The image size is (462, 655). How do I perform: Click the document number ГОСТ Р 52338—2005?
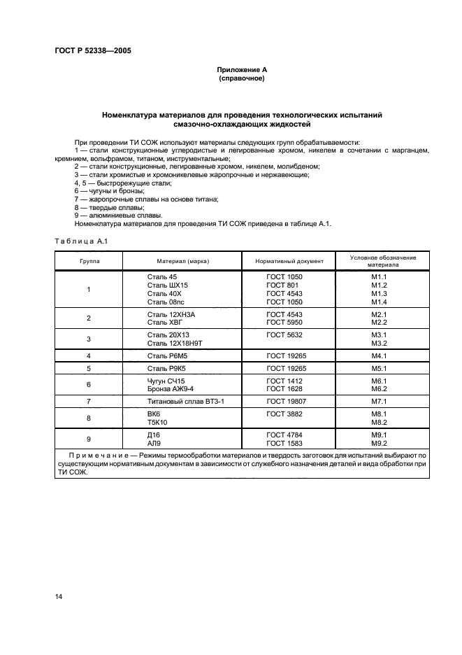(92, 51)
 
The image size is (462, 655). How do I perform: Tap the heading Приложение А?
(242, 70)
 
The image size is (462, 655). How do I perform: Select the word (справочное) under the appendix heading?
(242, 78)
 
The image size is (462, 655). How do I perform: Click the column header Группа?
(89, 261)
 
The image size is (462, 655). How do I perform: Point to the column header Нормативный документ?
(289, 261)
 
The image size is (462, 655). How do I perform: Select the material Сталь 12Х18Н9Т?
(175, 344)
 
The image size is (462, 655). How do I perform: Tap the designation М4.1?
(379, 356)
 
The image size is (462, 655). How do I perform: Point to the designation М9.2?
(379, 442)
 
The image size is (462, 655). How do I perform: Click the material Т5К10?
(158, 423)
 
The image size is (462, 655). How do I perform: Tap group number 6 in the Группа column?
(89, 384)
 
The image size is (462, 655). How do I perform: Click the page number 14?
(59, 596)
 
